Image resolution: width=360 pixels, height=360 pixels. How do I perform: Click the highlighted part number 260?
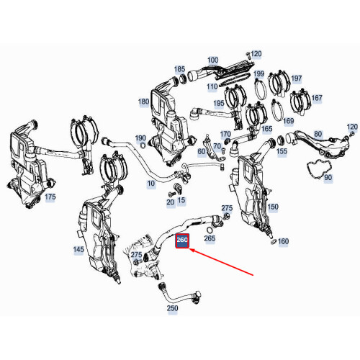tap(182, 241)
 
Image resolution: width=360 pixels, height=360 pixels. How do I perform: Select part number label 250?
tap(172, 309)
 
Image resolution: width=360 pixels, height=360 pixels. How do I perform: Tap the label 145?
tap(77, 248)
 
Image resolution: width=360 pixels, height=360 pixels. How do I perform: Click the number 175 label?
tap(50, 196)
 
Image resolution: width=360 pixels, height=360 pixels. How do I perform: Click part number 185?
tap(179, 69)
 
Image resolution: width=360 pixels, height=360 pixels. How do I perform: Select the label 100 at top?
tap(212, 60)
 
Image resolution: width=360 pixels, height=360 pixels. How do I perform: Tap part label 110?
tap(212, 86)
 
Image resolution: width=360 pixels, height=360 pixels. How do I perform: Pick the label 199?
tap(258, 73)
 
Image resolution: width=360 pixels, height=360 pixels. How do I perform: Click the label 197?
tap(296, 78)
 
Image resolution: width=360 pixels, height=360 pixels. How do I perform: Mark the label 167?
tap(317, 98)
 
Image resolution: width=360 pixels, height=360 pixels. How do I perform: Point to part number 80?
tap(318, 133)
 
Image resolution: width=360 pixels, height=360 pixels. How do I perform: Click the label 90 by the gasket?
tap(328, 177)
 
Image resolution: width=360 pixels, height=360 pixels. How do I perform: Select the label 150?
tap(272, 207)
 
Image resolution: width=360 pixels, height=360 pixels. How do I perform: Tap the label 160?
tap(283, 241)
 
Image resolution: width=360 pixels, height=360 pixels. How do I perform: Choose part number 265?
tap(210, 238)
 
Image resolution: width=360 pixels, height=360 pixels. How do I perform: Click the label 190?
tap(140, 138)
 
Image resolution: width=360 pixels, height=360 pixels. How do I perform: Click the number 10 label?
tap(150, 184)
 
